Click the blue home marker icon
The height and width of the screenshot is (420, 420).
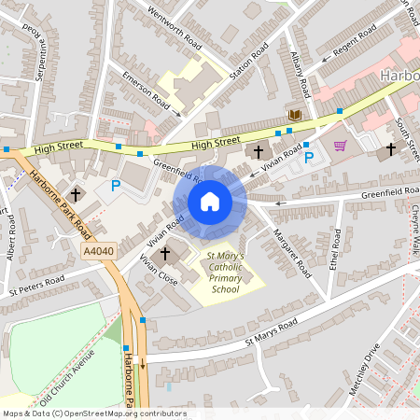click(x=210, y=201)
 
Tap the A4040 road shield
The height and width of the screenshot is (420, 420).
click(x=99, y=252)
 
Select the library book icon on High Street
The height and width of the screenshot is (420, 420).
click(x=295, y=114)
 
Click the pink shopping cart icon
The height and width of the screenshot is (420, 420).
click(x=340, y=146)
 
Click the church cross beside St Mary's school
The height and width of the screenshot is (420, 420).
click(x=166, y=253)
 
